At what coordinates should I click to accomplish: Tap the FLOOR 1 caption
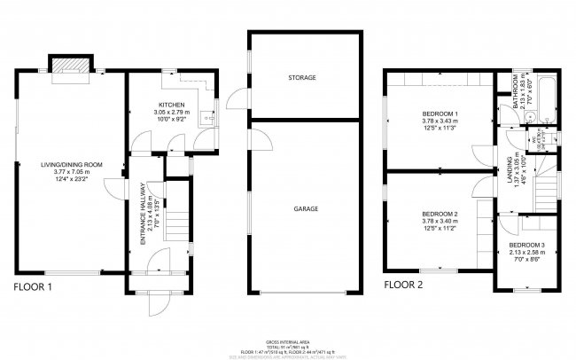33,286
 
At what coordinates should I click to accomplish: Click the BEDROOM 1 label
440,114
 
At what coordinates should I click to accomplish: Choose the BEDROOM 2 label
440,214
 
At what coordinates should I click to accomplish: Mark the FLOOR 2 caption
403,286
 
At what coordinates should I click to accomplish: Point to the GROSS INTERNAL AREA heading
287,341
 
